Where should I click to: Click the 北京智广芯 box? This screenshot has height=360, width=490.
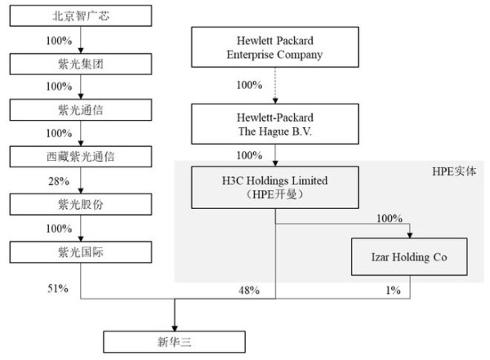pos(81,16)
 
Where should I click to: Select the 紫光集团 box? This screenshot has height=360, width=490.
pos(81,64)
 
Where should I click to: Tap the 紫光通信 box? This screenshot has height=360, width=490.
pos(81,110)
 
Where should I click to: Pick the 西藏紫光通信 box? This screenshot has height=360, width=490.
pos(81,157)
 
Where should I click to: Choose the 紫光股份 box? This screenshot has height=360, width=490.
pos(81,204)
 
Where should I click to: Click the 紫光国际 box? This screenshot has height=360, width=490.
pos(81,252)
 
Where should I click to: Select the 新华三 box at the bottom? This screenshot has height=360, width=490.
pos(175,342)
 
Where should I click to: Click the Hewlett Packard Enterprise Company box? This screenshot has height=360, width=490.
pos(275,47)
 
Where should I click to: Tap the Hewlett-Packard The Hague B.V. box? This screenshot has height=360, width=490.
pos(275,124)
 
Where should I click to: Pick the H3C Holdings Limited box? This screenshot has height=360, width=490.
pos(275,188)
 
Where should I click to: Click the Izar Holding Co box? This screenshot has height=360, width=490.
pos(409,257)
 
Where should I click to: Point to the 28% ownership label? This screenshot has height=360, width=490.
pos(59,181)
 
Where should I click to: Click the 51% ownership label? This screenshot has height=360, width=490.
pos(58,288)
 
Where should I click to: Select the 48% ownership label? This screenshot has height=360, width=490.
pos(249,291)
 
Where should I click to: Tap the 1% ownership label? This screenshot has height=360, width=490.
pos(393,291)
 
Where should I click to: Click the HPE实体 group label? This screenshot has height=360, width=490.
pos(454,171)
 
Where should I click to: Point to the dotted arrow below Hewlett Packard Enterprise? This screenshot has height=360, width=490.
pos(275,86)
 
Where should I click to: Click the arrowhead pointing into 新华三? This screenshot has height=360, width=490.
pos(175,328)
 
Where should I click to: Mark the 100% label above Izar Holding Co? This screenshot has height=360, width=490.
pos(390,218)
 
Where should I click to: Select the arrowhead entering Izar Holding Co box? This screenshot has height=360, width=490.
pos(410,235)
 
